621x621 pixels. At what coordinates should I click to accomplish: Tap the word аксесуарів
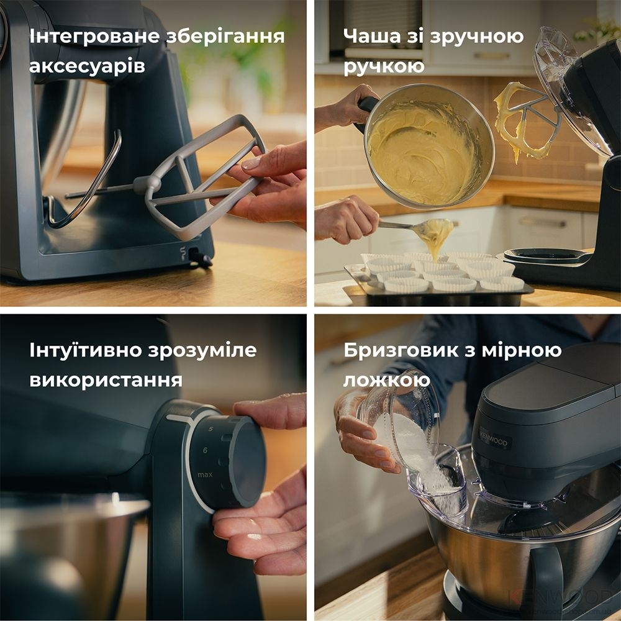[x=87, y=66]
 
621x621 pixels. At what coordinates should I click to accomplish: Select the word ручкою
[x=384, y=66]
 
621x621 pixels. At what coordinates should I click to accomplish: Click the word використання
[x=106, y=379]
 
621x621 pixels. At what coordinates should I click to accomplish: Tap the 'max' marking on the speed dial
[x=206, y=475]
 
